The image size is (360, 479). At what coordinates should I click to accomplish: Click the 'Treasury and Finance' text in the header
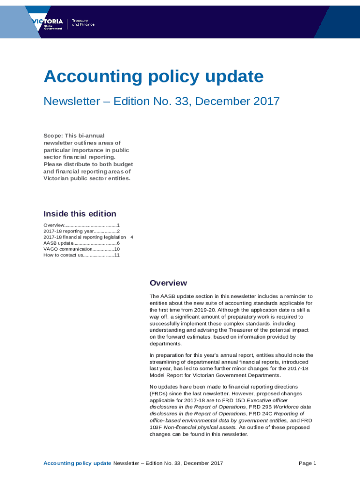[83, 22]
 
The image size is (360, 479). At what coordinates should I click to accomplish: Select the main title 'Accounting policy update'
[153, 76]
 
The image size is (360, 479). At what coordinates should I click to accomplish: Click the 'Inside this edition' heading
[80, 214]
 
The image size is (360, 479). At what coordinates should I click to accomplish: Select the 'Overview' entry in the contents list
[54, 225]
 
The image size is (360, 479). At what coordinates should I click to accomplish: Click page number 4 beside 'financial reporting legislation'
[132, 237]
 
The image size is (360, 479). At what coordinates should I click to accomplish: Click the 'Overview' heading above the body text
[168, 283]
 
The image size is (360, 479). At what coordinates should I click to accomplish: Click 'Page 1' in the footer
[308, 464]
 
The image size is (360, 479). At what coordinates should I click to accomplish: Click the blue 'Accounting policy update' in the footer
[77, 464]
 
